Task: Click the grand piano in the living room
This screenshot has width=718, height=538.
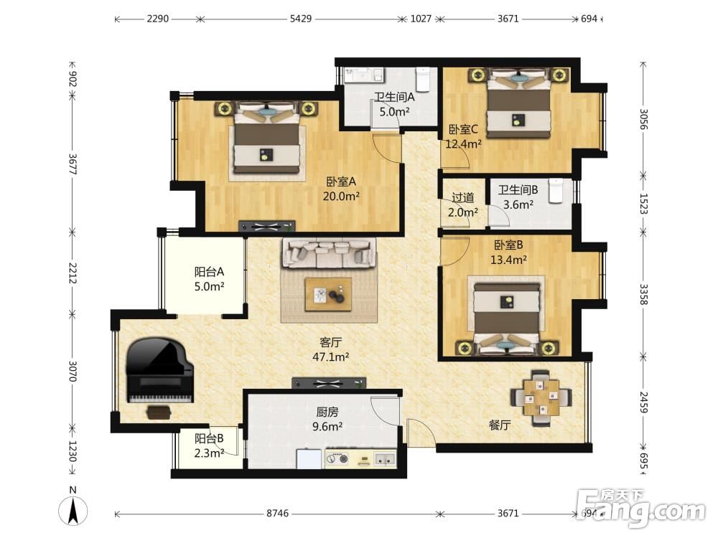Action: pos(160,371)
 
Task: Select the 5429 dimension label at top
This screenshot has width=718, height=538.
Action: pos(301,19)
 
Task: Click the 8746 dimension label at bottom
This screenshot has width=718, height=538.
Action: pos(277,514)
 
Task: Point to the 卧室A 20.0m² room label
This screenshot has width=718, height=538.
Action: pos(341,189)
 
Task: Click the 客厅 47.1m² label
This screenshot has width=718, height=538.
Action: pos(330,349)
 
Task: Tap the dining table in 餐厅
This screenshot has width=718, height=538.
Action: pos(541,397)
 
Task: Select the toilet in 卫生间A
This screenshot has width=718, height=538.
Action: pos(423,79)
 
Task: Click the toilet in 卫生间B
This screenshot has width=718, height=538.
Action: pos(556,191)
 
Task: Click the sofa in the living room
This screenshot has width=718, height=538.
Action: pos(330,253)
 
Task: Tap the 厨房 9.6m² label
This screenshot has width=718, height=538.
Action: pos(327,420)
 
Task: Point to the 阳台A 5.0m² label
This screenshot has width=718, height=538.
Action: pos(209,279)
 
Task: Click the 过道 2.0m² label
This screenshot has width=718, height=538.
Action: pos(463,205)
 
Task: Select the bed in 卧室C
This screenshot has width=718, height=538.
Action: pos(518,103)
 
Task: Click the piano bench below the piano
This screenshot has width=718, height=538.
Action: pos(159,412)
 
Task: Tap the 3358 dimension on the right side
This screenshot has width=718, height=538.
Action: pos(643,295)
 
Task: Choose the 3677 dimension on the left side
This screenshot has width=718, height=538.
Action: pos(73,164)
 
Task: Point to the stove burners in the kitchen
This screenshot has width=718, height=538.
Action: pos(337,458)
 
